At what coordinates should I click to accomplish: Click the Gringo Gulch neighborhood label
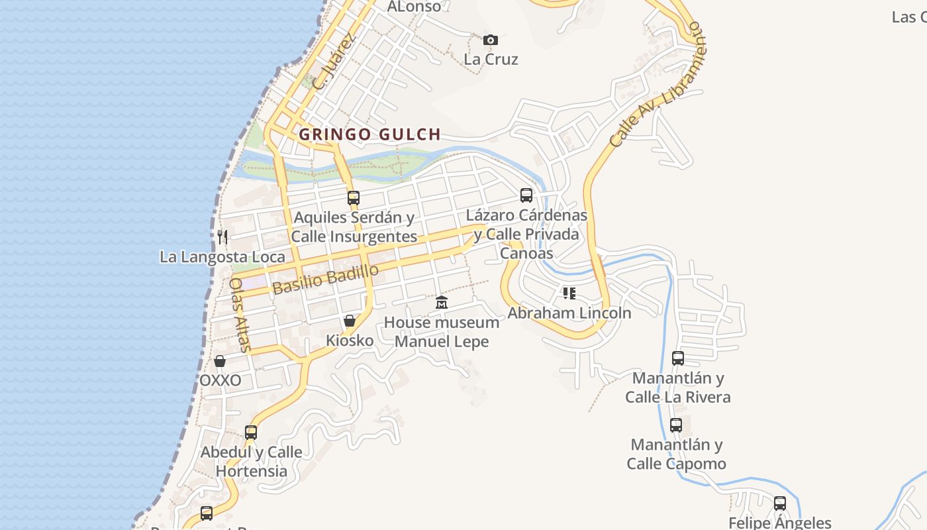(x=369, y=134)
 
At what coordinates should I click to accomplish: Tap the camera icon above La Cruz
(x=490, y=40)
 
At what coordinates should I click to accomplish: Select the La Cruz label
(x=491, y=59)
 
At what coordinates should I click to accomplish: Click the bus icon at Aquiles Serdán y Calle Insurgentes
(x=354, y=197)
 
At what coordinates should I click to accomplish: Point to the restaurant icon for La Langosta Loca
(x=222, y=237)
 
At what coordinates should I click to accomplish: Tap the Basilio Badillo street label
(x=325, y=279)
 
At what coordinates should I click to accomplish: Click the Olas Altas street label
(x=240, y=314)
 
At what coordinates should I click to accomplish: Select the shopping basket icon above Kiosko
(x=350, y=321)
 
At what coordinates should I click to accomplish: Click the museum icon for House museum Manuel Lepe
(x=442, y=303)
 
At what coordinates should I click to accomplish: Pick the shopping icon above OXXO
(x=220, y=361)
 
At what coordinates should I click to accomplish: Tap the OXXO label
(x=220, y=381)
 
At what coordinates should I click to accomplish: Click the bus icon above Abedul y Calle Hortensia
(x=251, y=433)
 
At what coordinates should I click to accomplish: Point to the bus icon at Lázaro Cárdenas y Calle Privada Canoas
(x=526, y=195)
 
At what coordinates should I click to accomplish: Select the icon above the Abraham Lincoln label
(x=569, y=293)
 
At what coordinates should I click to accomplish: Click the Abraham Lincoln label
(x=569, y=313)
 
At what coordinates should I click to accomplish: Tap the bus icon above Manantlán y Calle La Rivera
(x=678, y=358)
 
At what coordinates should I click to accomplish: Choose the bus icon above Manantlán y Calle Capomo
(x=676, y=425)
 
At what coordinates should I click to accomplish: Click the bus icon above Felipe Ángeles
(x=780, y=503)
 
